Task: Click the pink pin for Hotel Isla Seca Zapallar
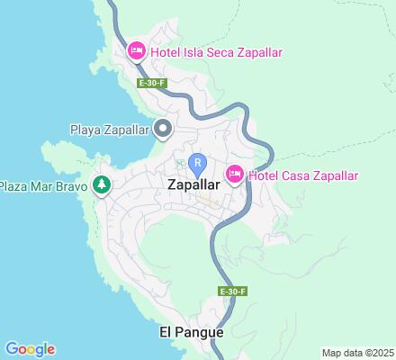tap(137, 50)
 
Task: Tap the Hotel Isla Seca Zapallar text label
tap(217, 52)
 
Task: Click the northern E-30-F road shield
tap(149, 83)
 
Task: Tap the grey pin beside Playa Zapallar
tap(163, 130)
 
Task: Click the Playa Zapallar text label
tap(110, 130)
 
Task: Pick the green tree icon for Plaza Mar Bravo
tap(102, 185)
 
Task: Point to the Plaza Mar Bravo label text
tap(44, 186)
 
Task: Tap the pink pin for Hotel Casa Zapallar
tap(235, 175)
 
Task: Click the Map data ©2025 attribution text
tap(357, 353)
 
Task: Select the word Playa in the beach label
tap(87, 130)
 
